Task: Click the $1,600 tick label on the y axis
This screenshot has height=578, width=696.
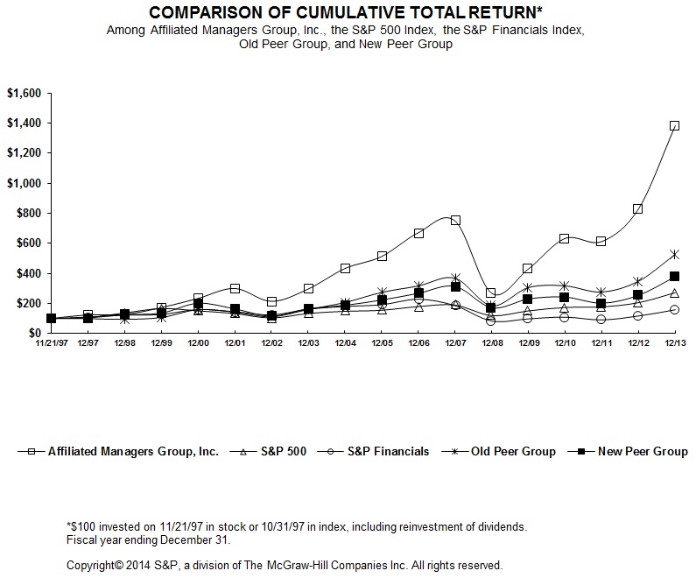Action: [x=24, y=93]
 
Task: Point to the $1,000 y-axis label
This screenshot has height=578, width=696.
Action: [x=24, y=183]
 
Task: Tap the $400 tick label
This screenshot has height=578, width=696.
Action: [x=26, y=273]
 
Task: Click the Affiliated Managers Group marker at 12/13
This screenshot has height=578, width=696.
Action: [x=674, y=125]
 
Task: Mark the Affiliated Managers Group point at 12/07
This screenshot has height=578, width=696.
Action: [x=455, y=220]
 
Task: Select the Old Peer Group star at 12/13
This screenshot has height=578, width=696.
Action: [x=674, y=254]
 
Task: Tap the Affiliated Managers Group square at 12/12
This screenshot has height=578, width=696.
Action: [x=637, y=209]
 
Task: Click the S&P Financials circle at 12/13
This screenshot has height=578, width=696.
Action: [x=674, y=309]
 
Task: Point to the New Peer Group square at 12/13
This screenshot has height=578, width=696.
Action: [x=674, y=276]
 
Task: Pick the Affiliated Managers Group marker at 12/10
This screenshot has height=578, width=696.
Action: [x=565, y=238]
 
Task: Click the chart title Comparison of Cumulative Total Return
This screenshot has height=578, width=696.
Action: [x=347, y=13]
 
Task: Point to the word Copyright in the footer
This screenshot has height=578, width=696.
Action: [x=95, y=565]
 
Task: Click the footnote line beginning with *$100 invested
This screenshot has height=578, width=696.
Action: [x=297, y=526]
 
